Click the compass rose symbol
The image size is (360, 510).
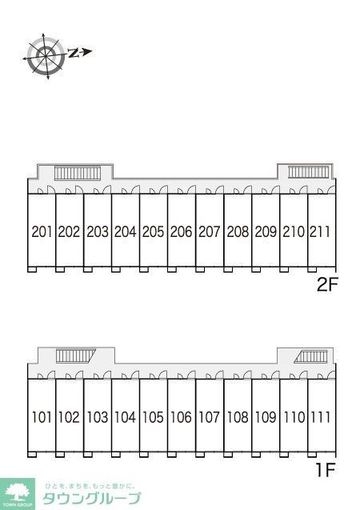(46, 56)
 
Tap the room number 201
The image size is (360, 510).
(42, 232)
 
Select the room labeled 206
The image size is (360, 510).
(182, 232)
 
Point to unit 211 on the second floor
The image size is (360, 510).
(320, 232)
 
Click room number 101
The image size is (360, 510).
(42, 417)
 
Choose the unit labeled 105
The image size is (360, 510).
(154, 417)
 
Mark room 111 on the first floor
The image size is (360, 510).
(320, 417)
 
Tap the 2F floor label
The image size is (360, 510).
(327, 285)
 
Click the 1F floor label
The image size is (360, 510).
(326, 470)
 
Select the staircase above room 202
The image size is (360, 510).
(78, 173)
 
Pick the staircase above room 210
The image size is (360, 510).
(309, 172)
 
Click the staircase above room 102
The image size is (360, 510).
(76, 355)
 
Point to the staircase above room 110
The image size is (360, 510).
(310, 357)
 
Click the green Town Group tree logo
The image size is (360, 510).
(18, 494)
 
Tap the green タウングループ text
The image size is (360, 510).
(92, 498)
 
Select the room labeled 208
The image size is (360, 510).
(238, 232)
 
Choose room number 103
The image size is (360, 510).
(98, 417)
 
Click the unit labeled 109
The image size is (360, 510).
(266, 417)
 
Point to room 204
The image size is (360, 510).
(126, 232)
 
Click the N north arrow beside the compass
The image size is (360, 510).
(80, 52)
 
